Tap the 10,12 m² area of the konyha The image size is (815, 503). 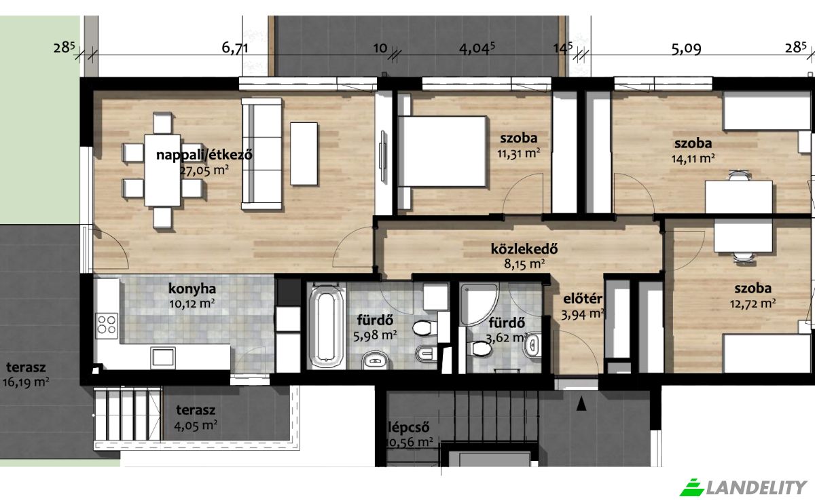click(x=192, y=303)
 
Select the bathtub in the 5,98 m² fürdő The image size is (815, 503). click(x=327, y=327)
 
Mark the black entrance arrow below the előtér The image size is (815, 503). click(x=581, y=405)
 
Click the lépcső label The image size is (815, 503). click(x=409, y=427)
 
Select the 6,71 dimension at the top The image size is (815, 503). click(x=235, y=48)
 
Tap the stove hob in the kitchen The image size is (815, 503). click(x=107, y=323)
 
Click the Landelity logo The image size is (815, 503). click(x=744, y=486)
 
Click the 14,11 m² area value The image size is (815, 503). click(x=693, y=159)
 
